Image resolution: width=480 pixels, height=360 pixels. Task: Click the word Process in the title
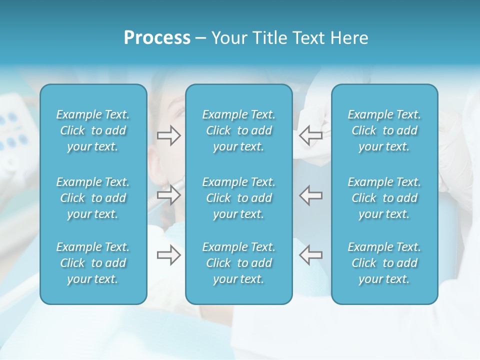(x=157, y=38)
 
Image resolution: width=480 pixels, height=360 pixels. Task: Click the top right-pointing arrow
(x=169, y=135)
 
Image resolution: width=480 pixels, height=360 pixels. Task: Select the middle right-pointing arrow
(x=169, y=195)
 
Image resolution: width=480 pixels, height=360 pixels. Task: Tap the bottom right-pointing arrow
(x=169, y=255)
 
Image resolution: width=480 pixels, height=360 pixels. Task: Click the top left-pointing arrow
(x=311, y=135)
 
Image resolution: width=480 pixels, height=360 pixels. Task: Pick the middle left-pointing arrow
(x=311, y=195)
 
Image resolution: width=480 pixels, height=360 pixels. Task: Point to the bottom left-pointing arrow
(x=311, y=255)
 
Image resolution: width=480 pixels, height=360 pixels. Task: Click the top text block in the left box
(x=93, y=130)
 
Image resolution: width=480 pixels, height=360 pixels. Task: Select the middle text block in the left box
(x=93, y=198)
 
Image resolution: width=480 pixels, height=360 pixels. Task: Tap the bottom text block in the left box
(x=93, y=263)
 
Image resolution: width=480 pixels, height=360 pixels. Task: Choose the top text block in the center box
(x=238, y=130)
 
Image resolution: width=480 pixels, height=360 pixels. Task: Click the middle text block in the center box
(x=238, y=198)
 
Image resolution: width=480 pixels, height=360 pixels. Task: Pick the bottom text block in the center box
(x=238, y=263)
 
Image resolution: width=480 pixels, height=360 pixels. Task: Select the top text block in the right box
(x=384, y=130)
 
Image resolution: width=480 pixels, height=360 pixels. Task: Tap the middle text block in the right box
(x=384, y=198)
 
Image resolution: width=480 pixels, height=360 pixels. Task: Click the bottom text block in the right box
(x=384, y=263)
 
